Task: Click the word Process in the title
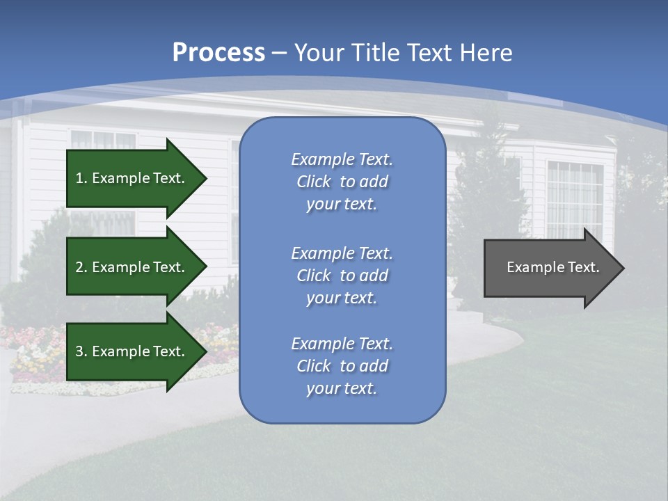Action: (x=218, y=53)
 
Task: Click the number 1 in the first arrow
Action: (x=80, y=178)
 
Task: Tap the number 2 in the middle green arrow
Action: (x=80, y=267)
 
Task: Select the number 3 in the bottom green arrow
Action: (x=80, y=351)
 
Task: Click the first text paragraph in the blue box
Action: (x=342, y=182)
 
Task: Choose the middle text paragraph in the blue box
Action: (x=342, y=276)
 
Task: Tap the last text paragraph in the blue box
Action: (x=342, y=366)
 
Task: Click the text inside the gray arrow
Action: (x=553, y=267)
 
